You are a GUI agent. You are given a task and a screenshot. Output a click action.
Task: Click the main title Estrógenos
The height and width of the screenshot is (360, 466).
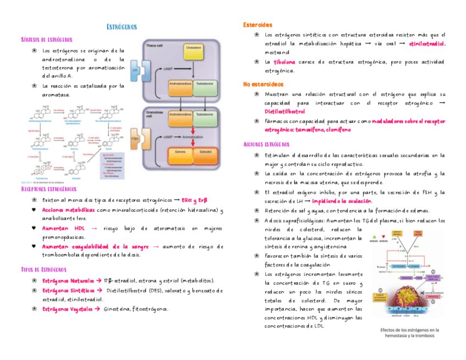121,27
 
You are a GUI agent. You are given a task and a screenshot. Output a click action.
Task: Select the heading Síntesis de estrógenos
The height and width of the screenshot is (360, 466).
47,40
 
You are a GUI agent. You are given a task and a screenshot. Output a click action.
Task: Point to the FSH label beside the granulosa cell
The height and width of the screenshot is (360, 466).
135,140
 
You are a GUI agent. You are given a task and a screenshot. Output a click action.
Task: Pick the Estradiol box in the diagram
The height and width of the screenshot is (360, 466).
206,151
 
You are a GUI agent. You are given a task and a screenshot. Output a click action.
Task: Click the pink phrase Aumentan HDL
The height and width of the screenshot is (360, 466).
64,228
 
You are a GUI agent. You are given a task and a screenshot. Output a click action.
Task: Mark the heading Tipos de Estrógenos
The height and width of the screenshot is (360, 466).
44,269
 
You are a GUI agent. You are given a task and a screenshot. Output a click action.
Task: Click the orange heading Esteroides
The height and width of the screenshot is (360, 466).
258,25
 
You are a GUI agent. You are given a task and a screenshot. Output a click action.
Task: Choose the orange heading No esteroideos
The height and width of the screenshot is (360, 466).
263,84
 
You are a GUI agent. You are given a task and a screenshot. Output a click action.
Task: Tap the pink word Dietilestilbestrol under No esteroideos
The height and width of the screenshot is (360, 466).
285,112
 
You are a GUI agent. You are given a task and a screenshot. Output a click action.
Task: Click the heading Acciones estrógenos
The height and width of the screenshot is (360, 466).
266,144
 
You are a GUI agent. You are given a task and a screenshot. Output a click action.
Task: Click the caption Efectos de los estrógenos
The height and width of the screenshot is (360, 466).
407,333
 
